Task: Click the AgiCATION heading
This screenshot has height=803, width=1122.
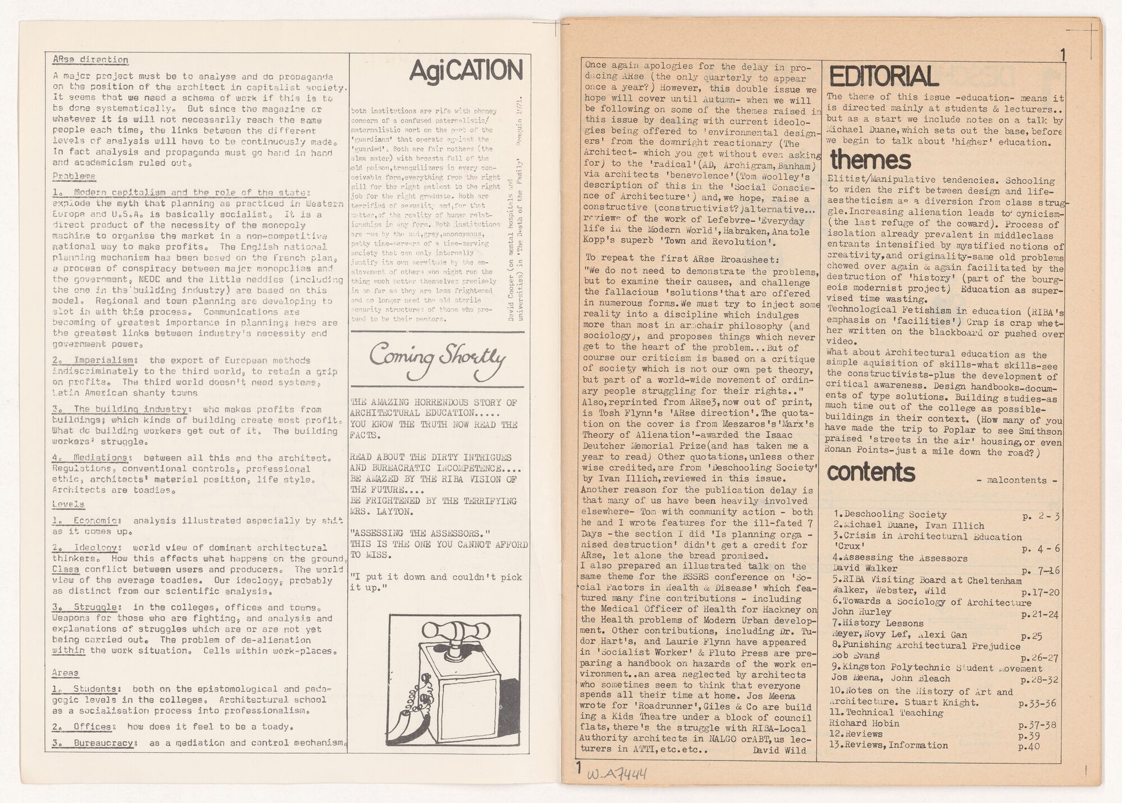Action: tap(466, 71)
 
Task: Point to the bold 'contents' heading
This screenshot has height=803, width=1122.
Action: tap(871, 472)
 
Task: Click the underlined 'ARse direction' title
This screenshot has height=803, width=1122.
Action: tap(90, 60)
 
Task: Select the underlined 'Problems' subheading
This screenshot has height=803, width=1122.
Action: tap(74, 176)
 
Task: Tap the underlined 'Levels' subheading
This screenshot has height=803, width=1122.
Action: tap(68, 504)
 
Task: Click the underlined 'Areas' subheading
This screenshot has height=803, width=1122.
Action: tap(65, 673)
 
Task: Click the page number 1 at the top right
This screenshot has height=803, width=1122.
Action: tap(1063, 56)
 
